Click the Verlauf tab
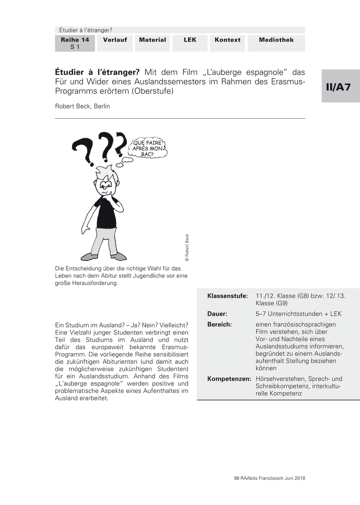(115, 40)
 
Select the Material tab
(152, 40)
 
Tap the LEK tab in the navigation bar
(190, 40)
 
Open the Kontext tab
(227, 40)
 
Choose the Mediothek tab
(276, 40)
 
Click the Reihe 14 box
(75, 43)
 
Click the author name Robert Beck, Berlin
(83, 106)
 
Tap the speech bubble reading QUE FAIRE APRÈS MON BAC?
(147, 149)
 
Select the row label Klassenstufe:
(227, 296)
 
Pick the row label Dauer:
(217, 314)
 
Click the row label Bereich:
(220, 324)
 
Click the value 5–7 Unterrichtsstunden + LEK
(299, 314)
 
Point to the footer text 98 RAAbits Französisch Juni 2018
(269, 478)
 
